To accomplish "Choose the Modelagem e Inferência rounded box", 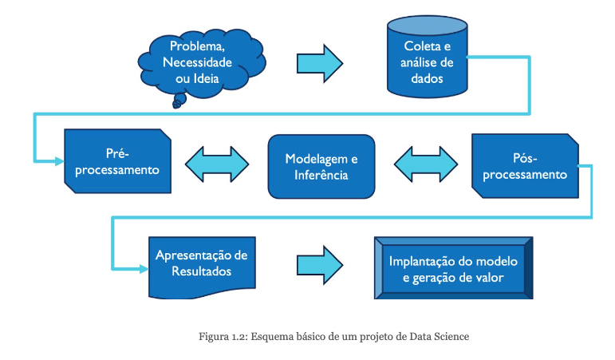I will [321, 166].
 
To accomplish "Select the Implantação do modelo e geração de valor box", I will [453, 269].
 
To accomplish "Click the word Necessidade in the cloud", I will [198, 62].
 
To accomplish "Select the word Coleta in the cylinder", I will [415, 47].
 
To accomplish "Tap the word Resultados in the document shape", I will [201, 271].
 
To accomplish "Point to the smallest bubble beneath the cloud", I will [176, 105].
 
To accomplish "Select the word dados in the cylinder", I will [426, 79].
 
